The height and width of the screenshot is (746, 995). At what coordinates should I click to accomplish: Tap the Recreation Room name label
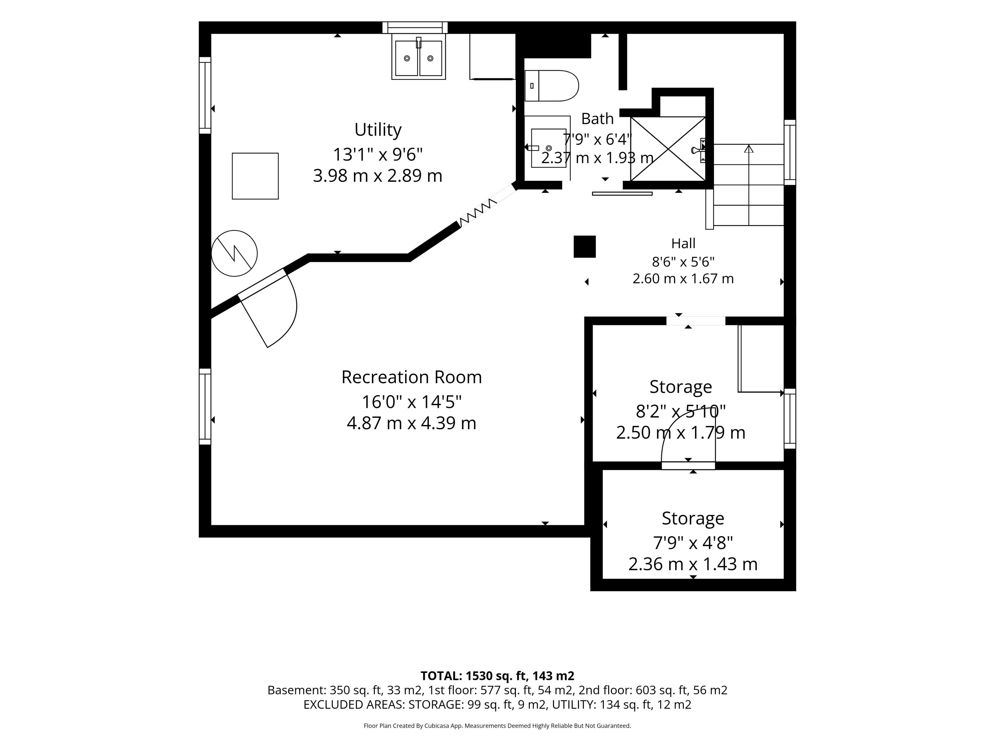pos(411,377)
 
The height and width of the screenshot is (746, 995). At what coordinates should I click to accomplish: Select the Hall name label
pos(683,243)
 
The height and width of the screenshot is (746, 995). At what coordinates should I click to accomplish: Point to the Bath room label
pos(597,119)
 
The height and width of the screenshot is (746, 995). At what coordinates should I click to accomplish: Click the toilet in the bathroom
pos(551,85)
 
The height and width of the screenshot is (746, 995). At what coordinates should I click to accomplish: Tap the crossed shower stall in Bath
pos(668,149)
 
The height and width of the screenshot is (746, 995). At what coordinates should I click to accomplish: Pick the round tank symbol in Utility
pos(234,253)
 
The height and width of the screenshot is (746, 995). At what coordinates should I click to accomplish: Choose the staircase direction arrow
pos(749,185)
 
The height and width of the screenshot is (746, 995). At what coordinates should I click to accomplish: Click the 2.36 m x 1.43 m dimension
pos(693,564)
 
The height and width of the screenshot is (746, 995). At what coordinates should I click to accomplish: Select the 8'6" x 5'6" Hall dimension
pos(683,261)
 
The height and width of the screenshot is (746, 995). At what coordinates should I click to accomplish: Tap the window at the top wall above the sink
pos(415,27)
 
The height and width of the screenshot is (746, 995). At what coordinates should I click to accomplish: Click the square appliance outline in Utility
pos(255,176)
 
